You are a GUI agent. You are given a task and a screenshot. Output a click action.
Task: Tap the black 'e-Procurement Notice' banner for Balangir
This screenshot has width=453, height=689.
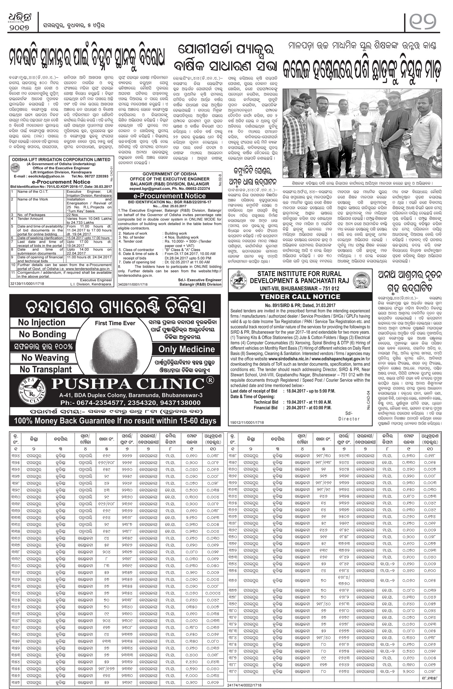(x=170, y=196)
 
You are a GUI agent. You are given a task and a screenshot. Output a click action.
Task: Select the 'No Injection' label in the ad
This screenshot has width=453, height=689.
(x=42, y=322)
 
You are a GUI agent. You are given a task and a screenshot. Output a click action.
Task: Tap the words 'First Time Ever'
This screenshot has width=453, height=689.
(x=115, y=323)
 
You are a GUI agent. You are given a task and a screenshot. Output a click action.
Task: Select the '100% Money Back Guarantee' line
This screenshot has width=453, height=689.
(x=113, y=420)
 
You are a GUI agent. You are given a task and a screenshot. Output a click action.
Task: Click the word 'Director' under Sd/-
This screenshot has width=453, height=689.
(x=349, y=419)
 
